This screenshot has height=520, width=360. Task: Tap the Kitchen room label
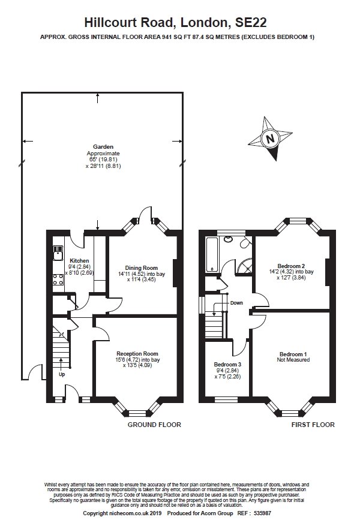coord(79,261)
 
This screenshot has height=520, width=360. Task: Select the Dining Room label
coord(142,267)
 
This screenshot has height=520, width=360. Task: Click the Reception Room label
coord(137,353)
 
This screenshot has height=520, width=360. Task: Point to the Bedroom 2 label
coord(291,266)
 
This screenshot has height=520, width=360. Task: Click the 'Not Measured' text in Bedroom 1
coord(293,359)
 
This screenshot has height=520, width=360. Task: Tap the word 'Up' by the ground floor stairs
coord(62,374)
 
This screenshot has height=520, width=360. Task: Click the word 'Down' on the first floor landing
coord(236,303)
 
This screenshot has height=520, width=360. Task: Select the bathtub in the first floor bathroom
coord(211,255)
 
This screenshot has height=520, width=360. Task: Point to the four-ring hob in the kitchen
coord(58,279)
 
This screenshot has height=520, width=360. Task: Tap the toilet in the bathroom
coord(245,244)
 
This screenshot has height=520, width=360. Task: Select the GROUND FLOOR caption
coord(154,425)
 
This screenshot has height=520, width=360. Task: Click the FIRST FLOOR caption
coord(313,425)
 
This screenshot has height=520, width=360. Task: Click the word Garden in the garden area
coord(103,146)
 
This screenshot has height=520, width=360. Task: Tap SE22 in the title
coord(251,23)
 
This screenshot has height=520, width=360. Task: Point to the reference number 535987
coord(262,513)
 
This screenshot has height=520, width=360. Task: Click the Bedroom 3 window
coord(226,399)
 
